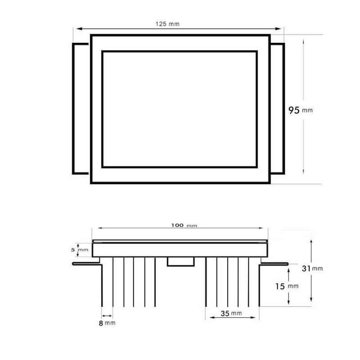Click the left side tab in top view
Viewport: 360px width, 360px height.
click(x=81, y=108)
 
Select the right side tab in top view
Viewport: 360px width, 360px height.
click(x=278, y=108)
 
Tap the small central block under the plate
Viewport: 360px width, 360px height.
click(x=180, y=261)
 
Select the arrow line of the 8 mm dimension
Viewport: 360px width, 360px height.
click(x=107, y=315)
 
